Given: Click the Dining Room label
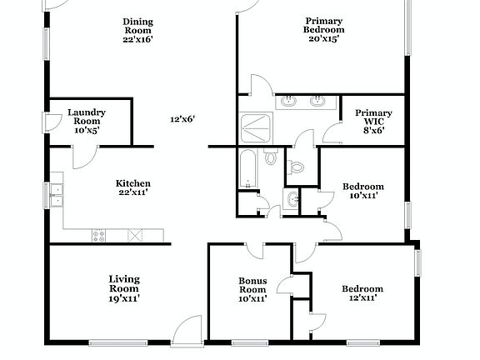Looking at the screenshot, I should pyautogui.click(x=137, y=30).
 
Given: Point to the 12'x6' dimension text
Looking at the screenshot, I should pyautogui.click(x=182, y=119).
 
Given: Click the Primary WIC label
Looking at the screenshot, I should pyautogui.click(x=367, y=121).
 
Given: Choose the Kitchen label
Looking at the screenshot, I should pyautogui.click(x=132, y=188).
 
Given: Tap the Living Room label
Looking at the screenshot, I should pyautogui.click(x=124, y=287).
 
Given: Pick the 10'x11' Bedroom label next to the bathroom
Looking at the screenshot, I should pyautogui.click(x=363, y=191).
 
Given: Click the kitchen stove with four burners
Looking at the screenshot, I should pyautogui.click(x=99, y=235).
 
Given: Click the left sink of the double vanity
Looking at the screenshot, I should pyautogui.click(x=289, y=102).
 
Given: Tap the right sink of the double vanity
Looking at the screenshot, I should pyautogui.click(x=317, y=102).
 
